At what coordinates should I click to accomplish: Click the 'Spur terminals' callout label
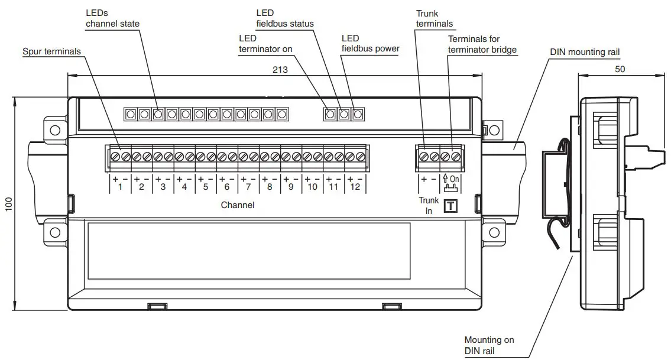pyautogui.click(x=51, y=51)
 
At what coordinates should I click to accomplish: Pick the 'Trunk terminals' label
pyautogui.click(x=435, y=18)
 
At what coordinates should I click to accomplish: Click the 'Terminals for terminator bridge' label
pyautogui.click(x=482, y=44)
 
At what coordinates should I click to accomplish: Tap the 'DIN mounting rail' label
pyautogui.click(x=585, y=52)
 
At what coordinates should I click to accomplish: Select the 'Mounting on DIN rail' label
pyautogui.click(x=489, y=345)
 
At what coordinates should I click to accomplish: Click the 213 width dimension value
pyautogui.click(x=280, y=70)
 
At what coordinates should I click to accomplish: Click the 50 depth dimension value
pyautogui.click(x=620, y=69)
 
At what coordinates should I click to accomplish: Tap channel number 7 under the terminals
pyautogui.click(x=248, y=187)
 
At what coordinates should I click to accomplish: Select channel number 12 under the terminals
pyautogui.click(x=355, y=187)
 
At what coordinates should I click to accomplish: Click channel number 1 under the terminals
pyautogui.click(x=120, y=187)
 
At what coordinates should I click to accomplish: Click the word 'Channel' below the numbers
pyautogui.click(x=238, y=205)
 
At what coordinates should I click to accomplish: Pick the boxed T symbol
pyautogui.click(x=451, y=206)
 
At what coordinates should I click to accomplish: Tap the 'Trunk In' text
pyautogui.click(x=429, y=206)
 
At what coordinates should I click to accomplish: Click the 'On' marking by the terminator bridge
pyautogui.click(x=454, y=178)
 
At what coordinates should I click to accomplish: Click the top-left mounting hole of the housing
pyautogui.click(x=55, y=129)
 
